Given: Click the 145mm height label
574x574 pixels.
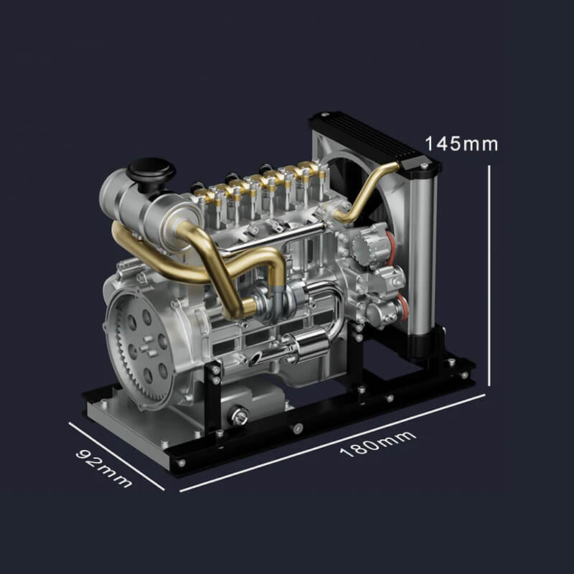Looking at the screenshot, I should click(x=461, y=143).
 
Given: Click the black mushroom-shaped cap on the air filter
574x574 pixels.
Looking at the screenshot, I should click(x=151, y=173).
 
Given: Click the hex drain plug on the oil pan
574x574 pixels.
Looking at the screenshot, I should click(x=240, y=415).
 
